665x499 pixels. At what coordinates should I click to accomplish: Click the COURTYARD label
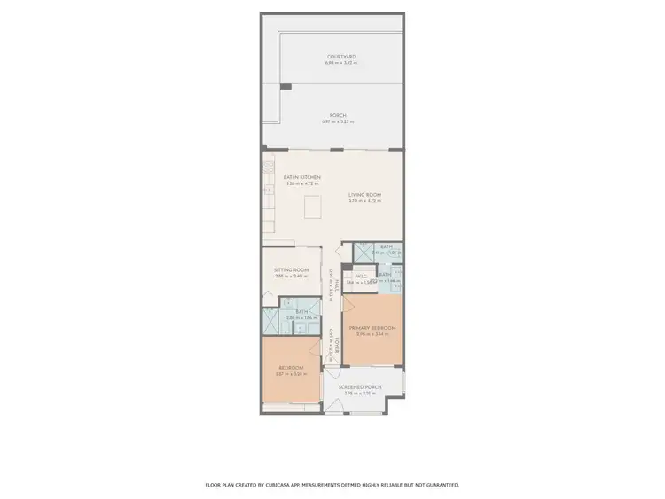pyautogui.click(x=340, y=58)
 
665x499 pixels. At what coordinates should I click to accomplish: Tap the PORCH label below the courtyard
pyautogui.click(x=338, y=115)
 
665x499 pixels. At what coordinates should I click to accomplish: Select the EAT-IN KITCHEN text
pyautogui.click(x=301, y=177)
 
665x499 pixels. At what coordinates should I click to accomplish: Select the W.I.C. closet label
pyautogui.click(x=361, y=276)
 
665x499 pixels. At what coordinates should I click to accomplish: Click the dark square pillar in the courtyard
pyautogui.click(x=286, y=86)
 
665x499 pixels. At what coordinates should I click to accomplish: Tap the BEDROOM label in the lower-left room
pyautogui.click(x=292, y=368)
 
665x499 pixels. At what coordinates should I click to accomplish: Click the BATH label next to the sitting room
pyautogui.click(x=301, y=311)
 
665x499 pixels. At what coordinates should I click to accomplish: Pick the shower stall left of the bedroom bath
pyautogui.click(x=272, y=320)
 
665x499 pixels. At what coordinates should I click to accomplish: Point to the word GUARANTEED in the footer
pyautogui.click(x=440, y=486)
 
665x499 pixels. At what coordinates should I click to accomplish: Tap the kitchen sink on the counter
pyautogui.click(x=267, y=190)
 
